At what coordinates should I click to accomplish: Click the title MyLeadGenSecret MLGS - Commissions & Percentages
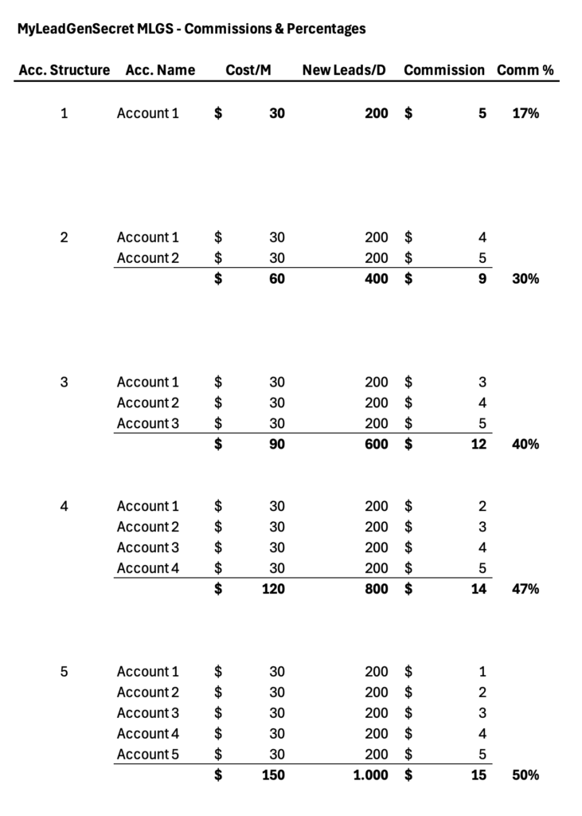coord(191,29)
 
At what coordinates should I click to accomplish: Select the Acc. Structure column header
coord(64,70)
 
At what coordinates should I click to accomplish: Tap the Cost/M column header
coord(248,70)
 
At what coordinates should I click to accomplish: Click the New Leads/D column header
coord(344,70)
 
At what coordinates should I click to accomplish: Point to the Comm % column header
coord(525,70)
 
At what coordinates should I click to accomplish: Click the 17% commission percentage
coord(525,113)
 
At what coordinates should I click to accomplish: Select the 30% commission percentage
coord(525,279)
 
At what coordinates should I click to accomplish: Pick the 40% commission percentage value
coord(525,445)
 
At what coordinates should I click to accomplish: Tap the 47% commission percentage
coord(525,589)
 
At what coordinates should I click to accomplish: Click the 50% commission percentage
coord(525,775)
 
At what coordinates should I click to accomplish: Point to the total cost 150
coord(273,775)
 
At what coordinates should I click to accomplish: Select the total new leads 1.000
coord(371,775)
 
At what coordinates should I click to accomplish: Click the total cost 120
coord(273,589)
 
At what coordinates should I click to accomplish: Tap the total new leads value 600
coord(377,445)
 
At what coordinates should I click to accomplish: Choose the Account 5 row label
coord(148,754)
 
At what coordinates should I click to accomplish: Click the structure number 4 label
coord(64,506)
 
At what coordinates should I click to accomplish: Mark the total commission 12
coord(478,445)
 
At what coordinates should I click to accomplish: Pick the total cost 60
coord(276,279)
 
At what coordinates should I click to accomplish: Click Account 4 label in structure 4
coord(148,568)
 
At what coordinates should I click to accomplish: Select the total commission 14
coord(478,589)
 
